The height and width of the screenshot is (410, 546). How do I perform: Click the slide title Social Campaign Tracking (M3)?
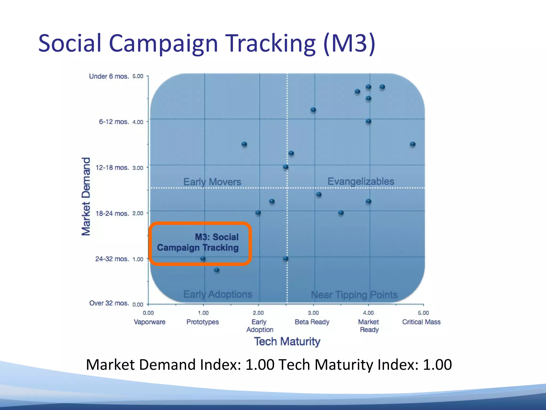point(207,44)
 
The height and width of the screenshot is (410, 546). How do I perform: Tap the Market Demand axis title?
point(86,196)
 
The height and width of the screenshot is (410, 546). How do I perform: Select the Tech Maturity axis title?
point(287,342)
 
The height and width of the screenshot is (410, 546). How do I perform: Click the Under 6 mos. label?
point(109,76)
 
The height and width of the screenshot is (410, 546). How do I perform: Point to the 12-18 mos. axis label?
point(112,168)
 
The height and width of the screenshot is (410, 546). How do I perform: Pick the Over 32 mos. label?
point(109,303)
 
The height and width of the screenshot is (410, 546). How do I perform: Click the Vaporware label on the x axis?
point(150,322)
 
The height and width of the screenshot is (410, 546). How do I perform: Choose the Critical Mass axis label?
point(421,322)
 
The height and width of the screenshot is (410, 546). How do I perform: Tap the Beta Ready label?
point(312,322)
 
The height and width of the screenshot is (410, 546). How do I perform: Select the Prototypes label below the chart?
point(203,322)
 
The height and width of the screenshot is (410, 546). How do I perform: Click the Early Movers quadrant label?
point(212,182)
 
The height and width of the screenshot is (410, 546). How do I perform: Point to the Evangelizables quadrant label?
point(361,182)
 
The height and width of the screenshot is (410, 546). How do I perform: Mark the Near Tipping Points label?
point(354,295)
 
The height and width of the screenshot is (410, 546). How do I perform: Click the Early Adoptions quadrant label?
point(218,294)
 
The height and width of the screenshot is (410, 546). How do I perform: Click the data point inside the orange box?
point(203,258)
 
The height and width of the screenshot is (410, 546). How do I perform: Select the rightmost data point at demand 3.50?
point(413,144)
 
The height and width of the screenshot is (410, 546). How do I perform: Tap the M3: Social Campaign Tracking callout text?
point(198,242)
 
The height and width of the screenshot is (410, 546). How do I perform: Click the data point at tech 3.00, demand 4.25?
point(313,110)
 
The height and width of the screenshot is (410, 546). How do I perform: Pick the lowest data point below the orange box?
point(217,270)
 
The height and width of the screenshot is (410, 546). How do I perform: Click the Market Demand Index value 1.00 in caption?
point(260,365)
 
